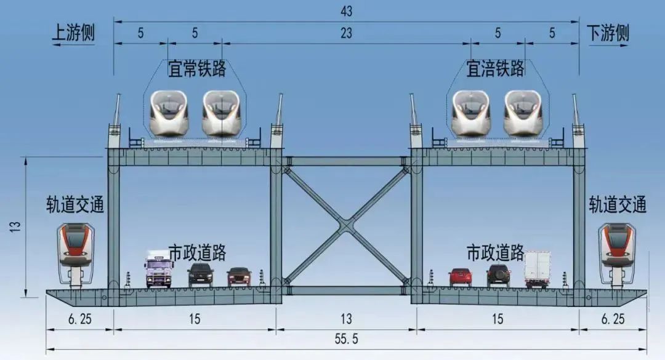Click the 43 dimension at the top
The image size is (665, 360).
(346, 12)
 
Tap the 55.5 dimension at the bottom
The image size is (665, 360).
(346, 339)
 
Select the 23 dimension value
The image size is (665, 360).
(346, 33)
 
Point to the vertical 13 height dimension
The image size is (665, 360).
(15, 226)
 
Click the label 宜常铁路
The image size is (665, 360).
(197, 69)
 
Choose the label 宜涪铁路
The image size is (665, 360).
(495, 69)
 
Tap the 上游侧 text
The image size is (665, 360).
(73, 33)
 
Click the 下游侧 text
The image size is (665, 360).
(608, 33)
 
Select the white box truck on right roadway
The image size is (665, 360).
(537, 270)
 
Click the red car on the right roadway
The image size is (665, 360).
(460, 277)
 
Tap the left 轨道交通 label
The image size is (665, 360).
(75, 205)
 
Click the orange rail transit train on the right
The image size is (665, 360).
(617, 254)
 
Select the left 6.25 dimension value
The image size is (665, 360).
(79, 319)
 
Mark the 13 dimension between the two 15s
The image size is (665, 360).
(346, 319)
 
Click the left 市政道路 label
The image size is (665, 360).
(198, 253)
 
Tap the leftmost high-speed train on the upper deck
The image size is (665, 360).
(169, 113)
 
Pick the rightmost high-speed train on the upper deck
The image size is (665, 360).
(523, 113)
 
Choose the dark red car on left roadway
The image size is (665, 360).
(239, 277)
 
